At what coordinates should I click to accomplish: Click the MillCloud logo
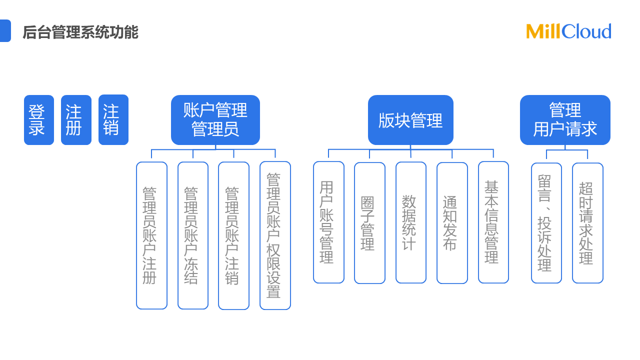point(568,31)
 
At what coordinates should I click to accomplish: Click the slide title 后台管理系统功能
point(80,32)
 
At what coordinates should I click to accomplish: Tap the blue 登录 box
point(39,120)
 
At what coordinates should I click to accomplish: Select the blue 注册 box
point(76,120)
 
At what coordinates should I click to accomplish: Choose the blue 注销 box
point(113,120)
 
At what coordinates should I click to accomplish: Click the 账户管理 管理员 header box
point(215,120)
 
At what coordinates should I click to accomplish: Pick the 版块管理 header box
point(410,120)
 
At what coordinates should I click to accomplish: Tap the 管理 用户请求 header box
point(565,120)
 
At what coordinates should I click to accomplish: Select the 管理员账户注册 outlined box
point(151,235)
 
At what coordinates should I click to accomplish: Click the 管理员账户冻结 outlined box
point(193,235)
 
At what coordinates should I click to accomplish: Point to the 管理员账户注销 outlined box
point(233,235)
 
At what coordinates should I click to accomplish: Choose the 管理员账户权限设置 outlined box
point(275,235)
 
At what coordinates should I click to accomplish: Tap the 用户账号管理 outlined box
point(328,222)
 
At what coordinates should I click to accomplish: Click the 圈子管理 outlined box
point(369,223)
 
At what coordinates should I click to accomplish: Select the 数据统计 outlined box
point(411,222)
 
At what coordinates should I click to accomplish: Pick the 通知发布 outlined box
point(452,223)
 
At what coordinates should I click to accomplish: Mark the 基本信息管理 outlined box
point(493,222)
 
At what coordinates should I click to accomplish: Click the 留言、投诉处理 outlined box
point(546,223)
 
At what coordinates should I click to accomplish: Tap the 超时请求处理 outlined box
point(587,223)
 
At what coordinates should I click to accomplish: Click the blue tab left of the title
point(5,31)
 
